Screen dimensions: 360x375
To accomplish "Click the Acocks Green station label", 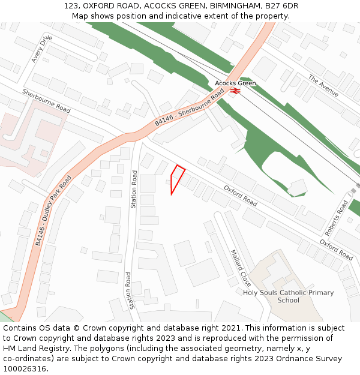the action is tap(235, 83).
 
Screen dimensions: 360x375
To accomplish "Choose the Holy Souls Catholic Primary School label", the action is tap(288, 296).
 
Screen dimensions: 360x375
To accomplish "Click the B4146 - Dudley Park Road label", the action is tap(53, 210).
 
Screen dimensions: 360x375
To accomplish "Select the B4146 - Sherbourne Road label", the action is tap(189, 106).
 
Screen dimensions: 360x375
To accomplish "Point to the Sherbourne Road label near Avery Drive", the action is tap(46, 101).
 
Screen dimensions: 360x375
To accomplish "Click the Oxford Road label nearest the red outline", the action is tap(241, 196).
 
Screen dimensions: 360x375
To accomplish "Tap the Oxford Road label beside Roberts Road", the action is tap(336, 250).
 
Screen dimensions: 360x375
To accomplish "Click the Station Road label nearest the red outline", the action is tap(134, 190).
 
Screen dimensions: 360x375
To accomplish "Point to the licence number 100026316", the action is tap(25, 368).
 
